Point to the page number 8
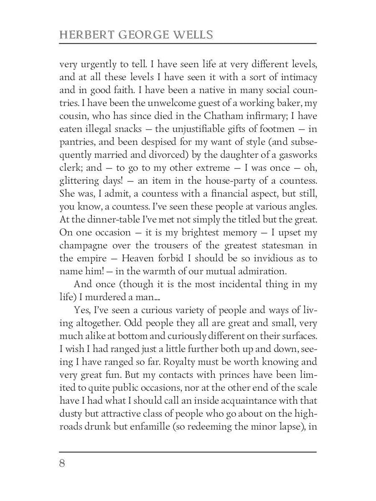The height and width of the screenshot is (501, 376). [62, 463]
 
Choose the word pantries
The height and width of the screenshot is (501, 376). [76, 142]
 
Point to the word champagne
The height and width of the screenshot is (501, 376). [83, 246]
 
